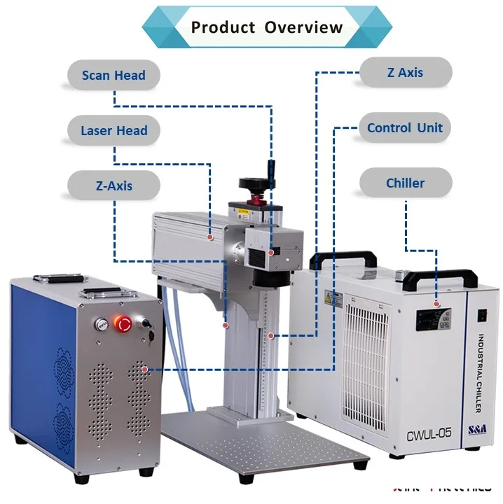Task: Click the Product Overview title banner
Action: click(266, 28)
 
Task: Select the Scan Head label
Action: click(113, 76)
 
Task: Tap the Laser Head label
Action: click(113, 131)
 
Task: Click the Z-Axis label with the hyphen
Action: click(113, 186)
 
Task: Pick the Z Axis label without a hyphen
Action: click(405, 73)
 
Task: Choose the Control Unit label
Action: click(405, 128)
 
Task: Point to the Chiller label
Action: click(405, 183)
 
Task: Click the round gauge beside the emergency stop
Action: click(102, 323)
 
